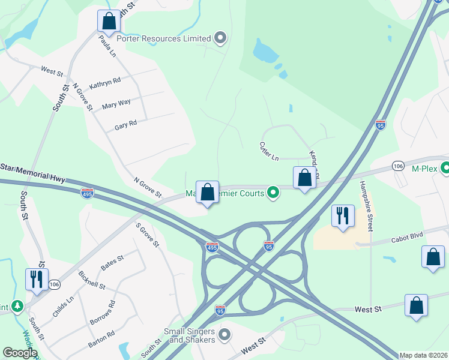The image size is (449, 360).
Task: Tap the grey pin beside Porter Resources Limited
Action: pos(220,39)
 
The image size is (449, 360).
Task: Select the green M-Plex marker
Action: pos(445,169)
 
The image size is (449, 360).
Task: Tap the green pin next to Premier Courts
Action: pos(273,193)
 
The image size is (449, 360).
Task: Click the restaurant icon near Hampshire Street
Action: pos(342,215)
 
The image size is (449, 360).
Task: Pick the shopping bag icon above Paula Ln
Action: pos(109,22)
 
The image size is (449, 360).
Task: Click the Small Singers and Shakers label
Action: pos(189,335)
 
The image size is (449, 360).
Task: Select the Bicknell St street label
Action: pos(92,280)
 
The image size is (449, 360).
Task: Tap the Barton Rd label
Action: pos(101,335)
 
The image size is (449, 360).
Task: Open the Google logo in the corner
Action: pos(20,353)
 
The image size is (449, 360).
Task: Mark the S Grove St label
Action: pos(147,235)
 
